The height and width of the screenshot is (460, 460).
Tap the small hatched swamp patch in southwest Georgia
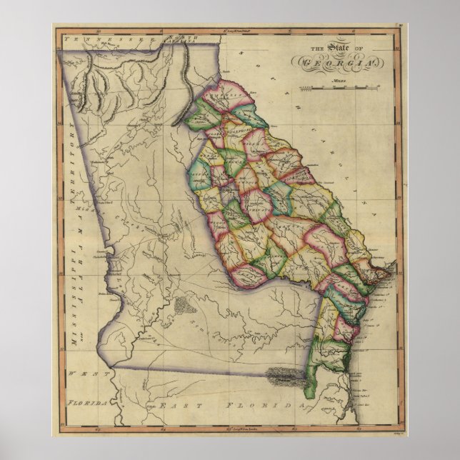click(184, 306)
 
